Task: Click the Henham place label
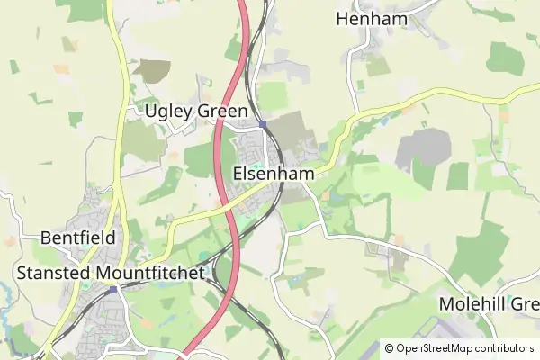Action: tap(372, 18)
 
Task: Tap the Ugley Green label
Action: tap(196, 112)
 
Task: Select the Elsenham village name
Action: tap(274, 174)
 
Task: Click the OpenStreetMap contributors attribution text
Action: tap(464, 348)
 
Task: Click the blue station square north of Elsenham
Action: tap(261, 124)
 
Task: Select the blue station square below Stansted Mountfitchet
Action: tap(112, 290)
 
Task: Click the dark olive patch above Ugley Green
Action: tap(152, 71)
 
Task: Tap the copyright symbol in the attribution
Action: tap(389, 348)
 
